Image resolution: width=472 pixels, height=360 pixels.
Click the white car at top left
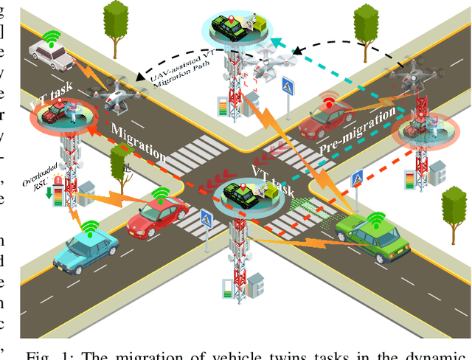[51, 53]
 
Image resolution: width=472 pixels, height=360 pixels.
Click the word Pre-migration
[351, 141]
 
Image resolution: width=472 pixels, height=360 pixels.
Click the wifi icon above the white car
[51, 36]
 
